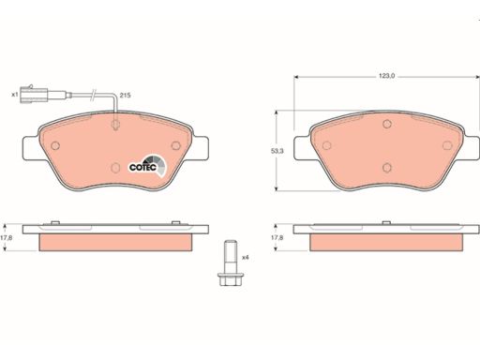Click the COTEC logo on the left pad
click(148, 166)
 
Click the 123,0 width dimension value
click(386, 76)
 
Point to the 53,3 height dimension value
click(277, 151)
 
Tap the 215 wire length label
click(125, 96)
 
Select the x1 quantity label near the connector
click(15, 94)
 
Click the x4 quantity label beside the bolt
click(246, 258)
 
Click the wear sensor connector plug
click(34, 94)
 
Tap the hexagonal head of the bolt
click(231, 278)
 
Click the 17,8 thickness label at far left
click(7, 237)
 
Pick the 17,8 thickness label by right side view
click(277, 237)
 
